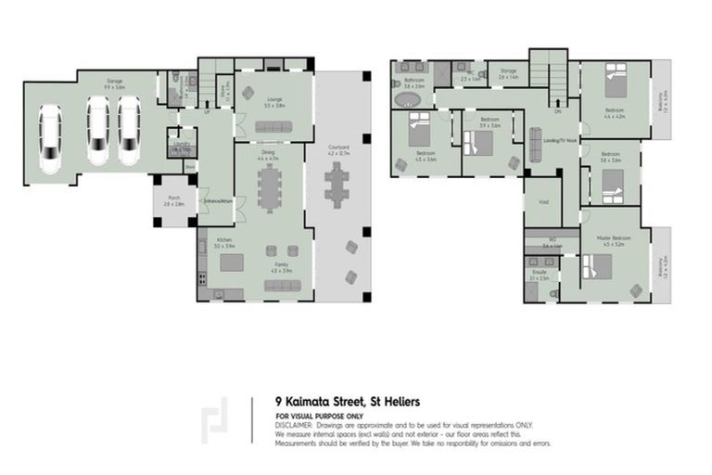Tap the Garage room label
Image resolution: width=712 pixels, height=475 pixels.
(x=115, y=83)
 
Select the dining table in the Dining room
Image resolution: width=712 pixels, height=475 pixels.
(x=269, y=192)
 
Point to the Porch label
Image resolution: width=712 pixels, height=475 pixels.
(x=173, y=199)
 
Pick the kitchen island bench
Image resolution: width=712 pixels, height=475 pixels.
(x=232, y=263)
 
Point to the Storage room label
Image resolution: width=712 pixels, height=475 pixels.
(x=508, y=71)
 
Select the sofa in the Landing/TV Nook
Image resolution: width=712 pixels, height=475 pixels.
(x=535, y=144)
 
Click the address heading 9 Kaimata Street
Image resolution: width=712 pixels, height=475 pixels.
(x=347, y=402)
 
